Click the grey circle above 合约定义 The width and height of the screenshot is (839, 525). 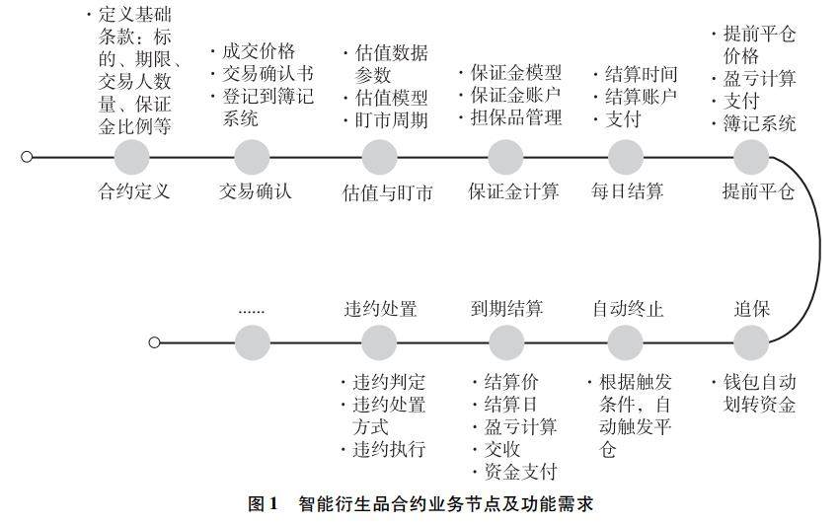[x=131, y=157]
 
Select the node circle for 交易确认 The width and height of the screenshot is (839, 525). [x=253, y=157]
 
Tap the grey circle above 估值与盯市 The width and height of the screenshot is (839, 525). [x=380, y=157]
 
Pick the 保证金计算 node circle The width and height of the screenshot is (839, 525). [x=505, y=157]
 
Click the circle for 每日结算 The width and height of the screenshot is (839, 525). [x=626, y=157]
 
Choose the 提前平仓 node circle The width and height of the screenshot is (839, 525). [x=751, y=157]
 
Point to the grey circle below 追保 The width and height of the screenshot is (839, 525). [x=751, y=343]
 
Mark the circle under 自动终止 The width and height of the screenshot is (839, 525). [x=626, y=343]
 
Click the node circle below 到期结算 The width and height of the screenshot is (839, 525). [x=505, y=343]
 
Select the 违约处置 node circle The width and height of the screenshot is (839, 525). [x=380, y=343]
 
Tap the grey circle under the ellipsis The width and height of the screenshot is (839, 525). [x=253, y=343]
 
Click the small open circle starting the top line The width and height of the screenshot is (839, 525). [x=27, y=157]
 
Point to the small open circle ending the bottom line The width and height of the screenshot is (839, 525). [x=154, y=343]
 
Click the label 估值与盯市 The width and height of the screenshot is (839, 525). [x=388, y=191]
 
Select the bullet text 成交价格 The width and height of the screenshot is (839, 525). [x=258, y=52]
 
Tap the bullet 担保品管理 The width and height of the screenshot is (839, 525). [x=515, y=118]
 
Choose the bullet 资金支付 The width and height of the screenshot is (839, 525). [x=519, y=472]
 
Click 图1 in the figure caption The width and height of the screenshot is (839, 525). [x=262, y=504]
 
